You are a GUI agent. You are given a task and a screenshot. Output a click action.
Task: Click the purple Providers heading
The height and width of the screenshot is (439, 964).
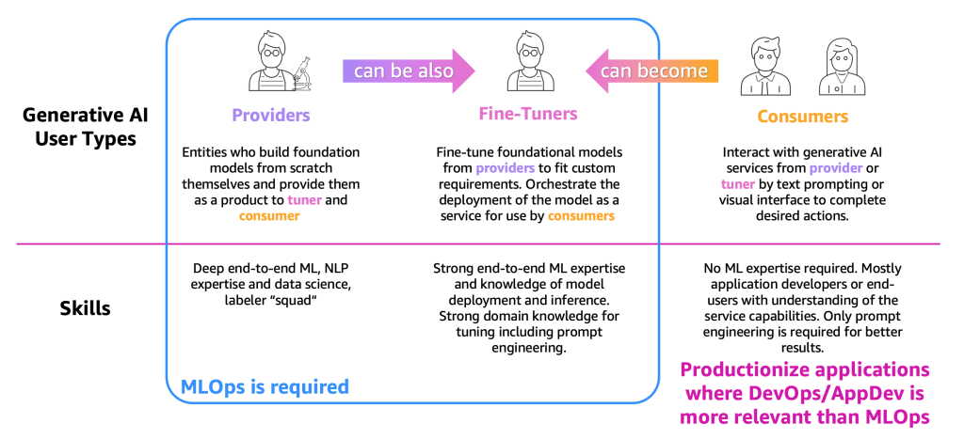270,115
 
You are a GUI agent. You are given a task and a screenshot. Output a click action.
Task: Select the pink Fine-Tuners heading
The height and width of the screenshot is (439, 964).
528,114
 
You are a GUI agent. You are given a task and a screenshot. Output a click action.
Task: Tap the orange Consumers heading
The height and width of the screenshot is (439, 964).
802,116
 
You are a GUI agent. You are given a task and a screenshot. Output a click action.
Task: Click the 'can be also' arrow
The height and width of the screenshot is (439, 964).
409,71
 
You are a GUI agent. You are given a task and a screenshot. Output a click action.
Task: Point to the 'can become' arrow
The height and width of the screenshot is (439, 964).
651,71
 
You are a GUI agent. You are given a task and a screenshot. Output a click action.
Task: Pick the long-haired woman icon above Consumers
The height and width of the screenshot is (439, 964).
842,67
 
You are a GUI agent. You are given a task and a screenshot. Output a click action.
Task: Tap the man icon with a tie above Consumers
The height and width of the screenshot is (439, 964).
763,67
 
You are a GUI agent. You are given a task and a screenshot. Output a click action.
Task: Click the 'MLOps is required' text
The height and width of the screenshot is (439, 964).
265,386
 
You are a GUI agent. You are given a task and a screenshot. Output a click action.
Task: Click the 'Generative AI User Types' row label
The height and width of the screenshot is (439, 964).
85,127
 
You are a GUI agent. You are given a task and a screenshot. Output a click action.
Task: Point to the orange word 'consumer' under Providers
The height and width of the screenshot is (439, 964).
269,215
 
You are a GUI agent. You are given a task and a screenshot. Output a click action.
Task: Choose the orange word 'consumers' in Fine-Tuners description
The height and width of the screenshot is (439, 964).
580,215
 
